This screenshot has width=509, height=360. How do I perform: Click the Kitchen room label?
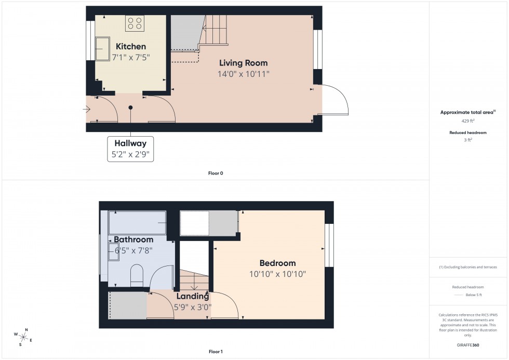tap(130, 47)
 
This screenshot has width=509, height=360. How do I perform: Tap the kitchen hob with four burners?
tap(135, 23)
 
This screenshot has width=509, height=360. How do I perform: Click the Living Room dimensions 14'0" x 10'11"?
tap(243, 74)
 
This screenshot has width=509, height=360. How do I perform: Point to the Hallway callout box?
tap(130, 149)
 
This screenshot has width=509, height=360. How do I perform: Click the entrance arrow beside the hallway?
tap(86, 109)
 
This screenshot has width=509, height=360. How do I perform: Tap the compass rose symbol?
tap(23, 336)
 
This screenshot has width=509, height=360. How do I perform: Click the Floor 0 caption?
tap(215, 173)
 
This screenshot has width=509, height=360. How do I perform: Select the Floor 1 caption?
tap(215, 352)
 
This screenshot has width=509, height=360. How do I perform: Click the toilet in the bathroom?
tap(137, 275)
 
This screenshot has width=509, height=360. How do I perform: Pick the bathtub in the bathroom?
tap(137, 222)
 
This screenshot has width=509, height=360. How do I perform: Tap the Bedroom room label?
tap(278, 263)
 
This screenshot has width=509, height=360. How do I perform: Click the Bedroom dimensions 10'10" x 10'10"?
tap(278, 274)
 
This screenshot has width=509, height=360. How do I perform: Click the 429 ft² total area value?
tap(468, 121)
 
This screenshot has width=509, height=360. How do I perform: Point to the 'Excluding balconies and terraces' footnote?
tap(468, 267)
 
